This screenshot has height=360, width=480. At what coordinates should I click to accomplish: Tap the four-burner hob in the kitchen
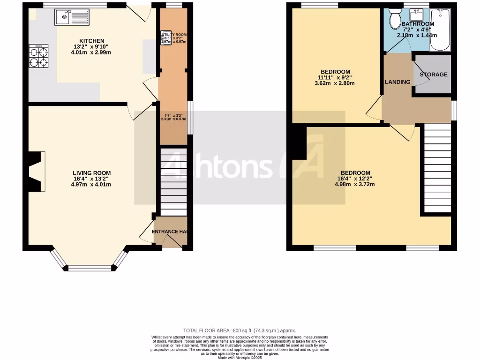click(38, 56)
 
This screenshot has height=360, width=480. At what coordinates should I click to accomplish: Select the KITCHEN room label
click(91, 41)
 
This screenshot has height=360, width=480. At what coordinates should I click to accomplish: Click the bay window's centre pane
click(90, 268)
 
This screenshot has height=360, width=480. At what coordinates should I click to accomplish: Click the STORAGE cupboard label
click(433, 75)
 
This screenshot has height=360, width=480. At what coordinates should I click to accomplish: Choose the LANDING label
click(397, 82)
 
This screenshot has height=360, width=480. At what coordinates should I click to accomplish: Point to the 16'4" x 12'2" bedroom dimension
click(355, 178)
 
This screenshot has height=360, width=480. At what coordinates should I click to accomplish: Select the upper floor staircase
click(437, 168)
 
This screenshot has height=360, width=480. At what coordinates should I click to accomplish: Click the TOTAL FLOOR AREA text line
click(240, 330)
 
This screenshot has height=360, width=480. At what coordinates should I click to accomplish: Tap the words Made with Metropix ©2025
click(240, 357)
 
